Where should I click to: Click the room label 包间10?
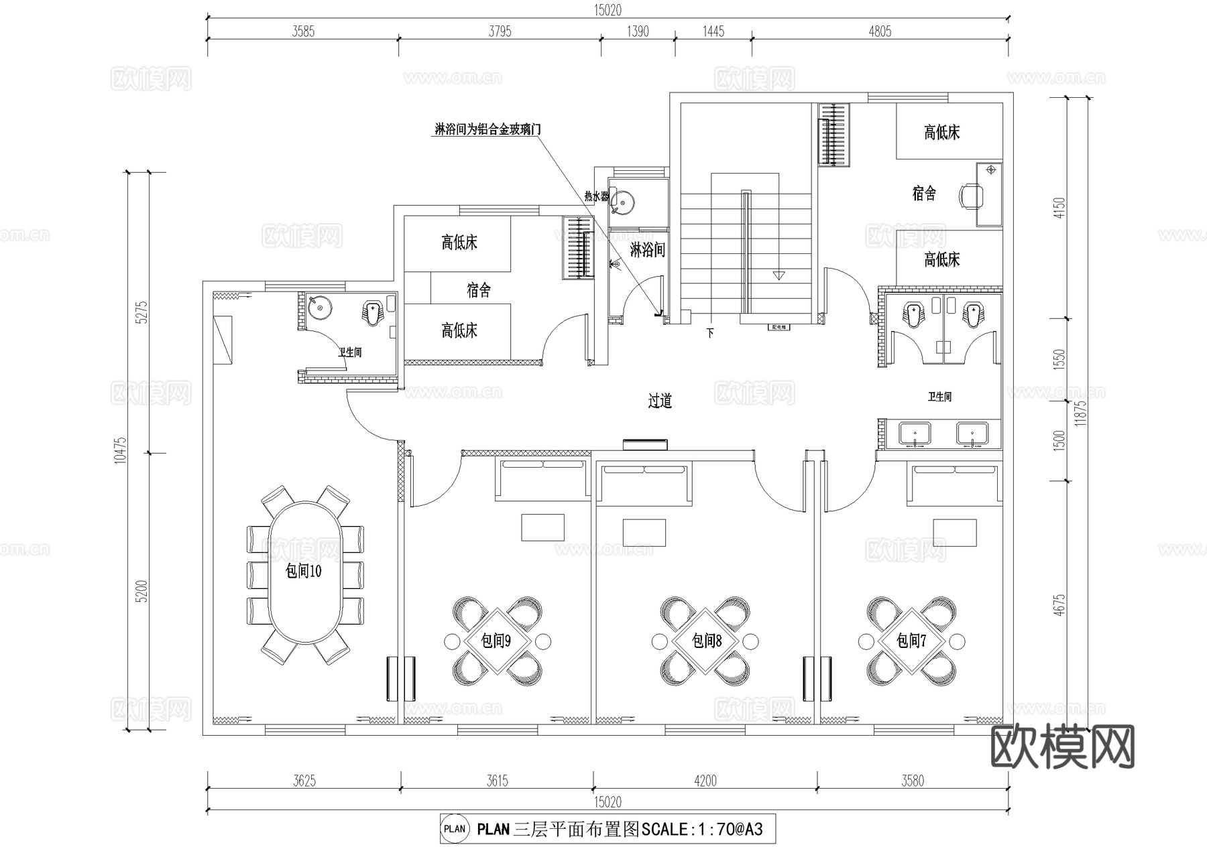click(303, 571)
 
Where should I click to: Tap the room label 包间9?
click(496, 641)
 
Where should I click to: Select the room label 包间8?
click(706, 641)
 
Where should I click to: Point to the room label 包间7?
click(911, 641)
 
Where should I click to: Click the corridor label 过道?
click(660, 401)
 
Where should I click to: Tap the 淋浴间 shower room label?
click(647, 250)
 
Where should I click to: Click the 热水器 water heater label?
click(596, 196)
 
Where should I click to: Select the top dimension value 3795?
click(500, 31)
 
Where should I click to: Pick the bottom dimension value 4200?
click(705, 781)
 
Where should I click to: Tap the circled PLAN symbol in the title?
click(455, 829)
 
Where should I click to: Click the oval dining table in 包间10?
click(304, 573)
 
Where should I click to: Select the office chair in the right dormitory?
click(972, 195)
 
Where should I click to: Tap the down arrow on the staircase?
click(778, 275)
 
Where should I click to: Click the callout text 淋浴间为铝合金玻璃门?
click(487, 129)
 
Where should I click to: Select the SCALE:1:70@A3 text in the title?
click(702, 830)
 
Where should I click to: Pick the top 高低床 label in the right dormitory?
click(941, 133)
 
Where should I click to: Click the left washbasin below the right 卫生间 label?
click(914, 434)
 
